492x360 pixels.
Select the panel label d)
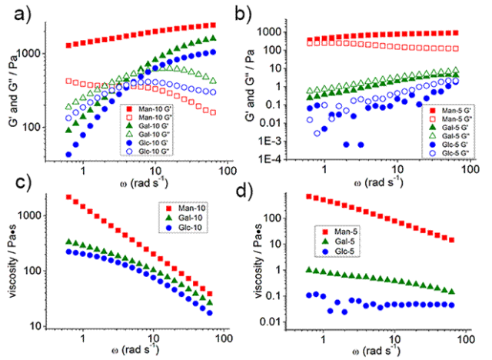click(262, 190)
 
